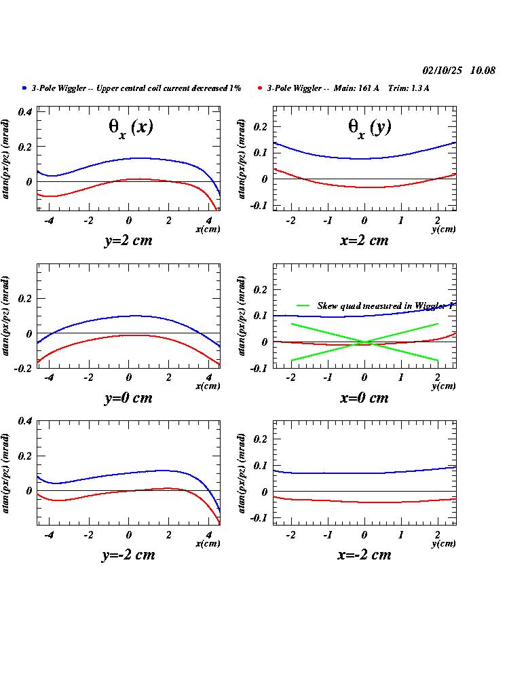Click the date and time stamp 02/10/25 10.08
coord(459,71)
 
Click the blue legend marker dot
coord(24,88)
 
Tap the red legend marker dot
coord(260,88)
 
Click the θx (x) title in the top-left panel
coord(132,128)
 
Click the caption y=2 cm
coord(128,240)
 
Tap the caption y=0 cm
coord(128,398)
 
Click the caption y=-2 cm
coord(128,555)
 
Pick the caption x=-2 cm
coord(364,555)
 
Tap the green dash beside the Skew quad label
coord(303,306)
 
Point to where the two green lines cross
coord(364,342)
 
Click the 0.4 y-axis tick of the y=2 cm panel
coord(25,111)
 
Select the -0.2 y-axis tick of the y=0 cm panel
coord(22,368)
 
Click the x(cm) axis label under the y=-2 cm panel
coord(208,543)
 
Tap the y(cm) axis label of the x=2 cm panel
coord(443,230)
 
